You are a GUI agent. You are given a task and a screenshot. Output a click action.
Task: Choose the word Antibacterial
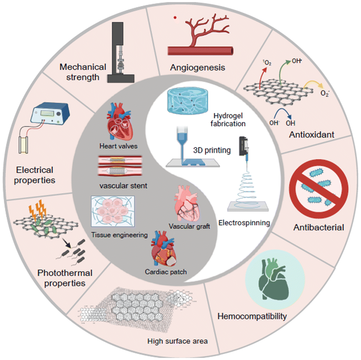coord(319,227)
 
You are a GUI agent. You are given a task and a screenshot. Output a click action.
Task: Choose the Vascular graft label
coord(189,226)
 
